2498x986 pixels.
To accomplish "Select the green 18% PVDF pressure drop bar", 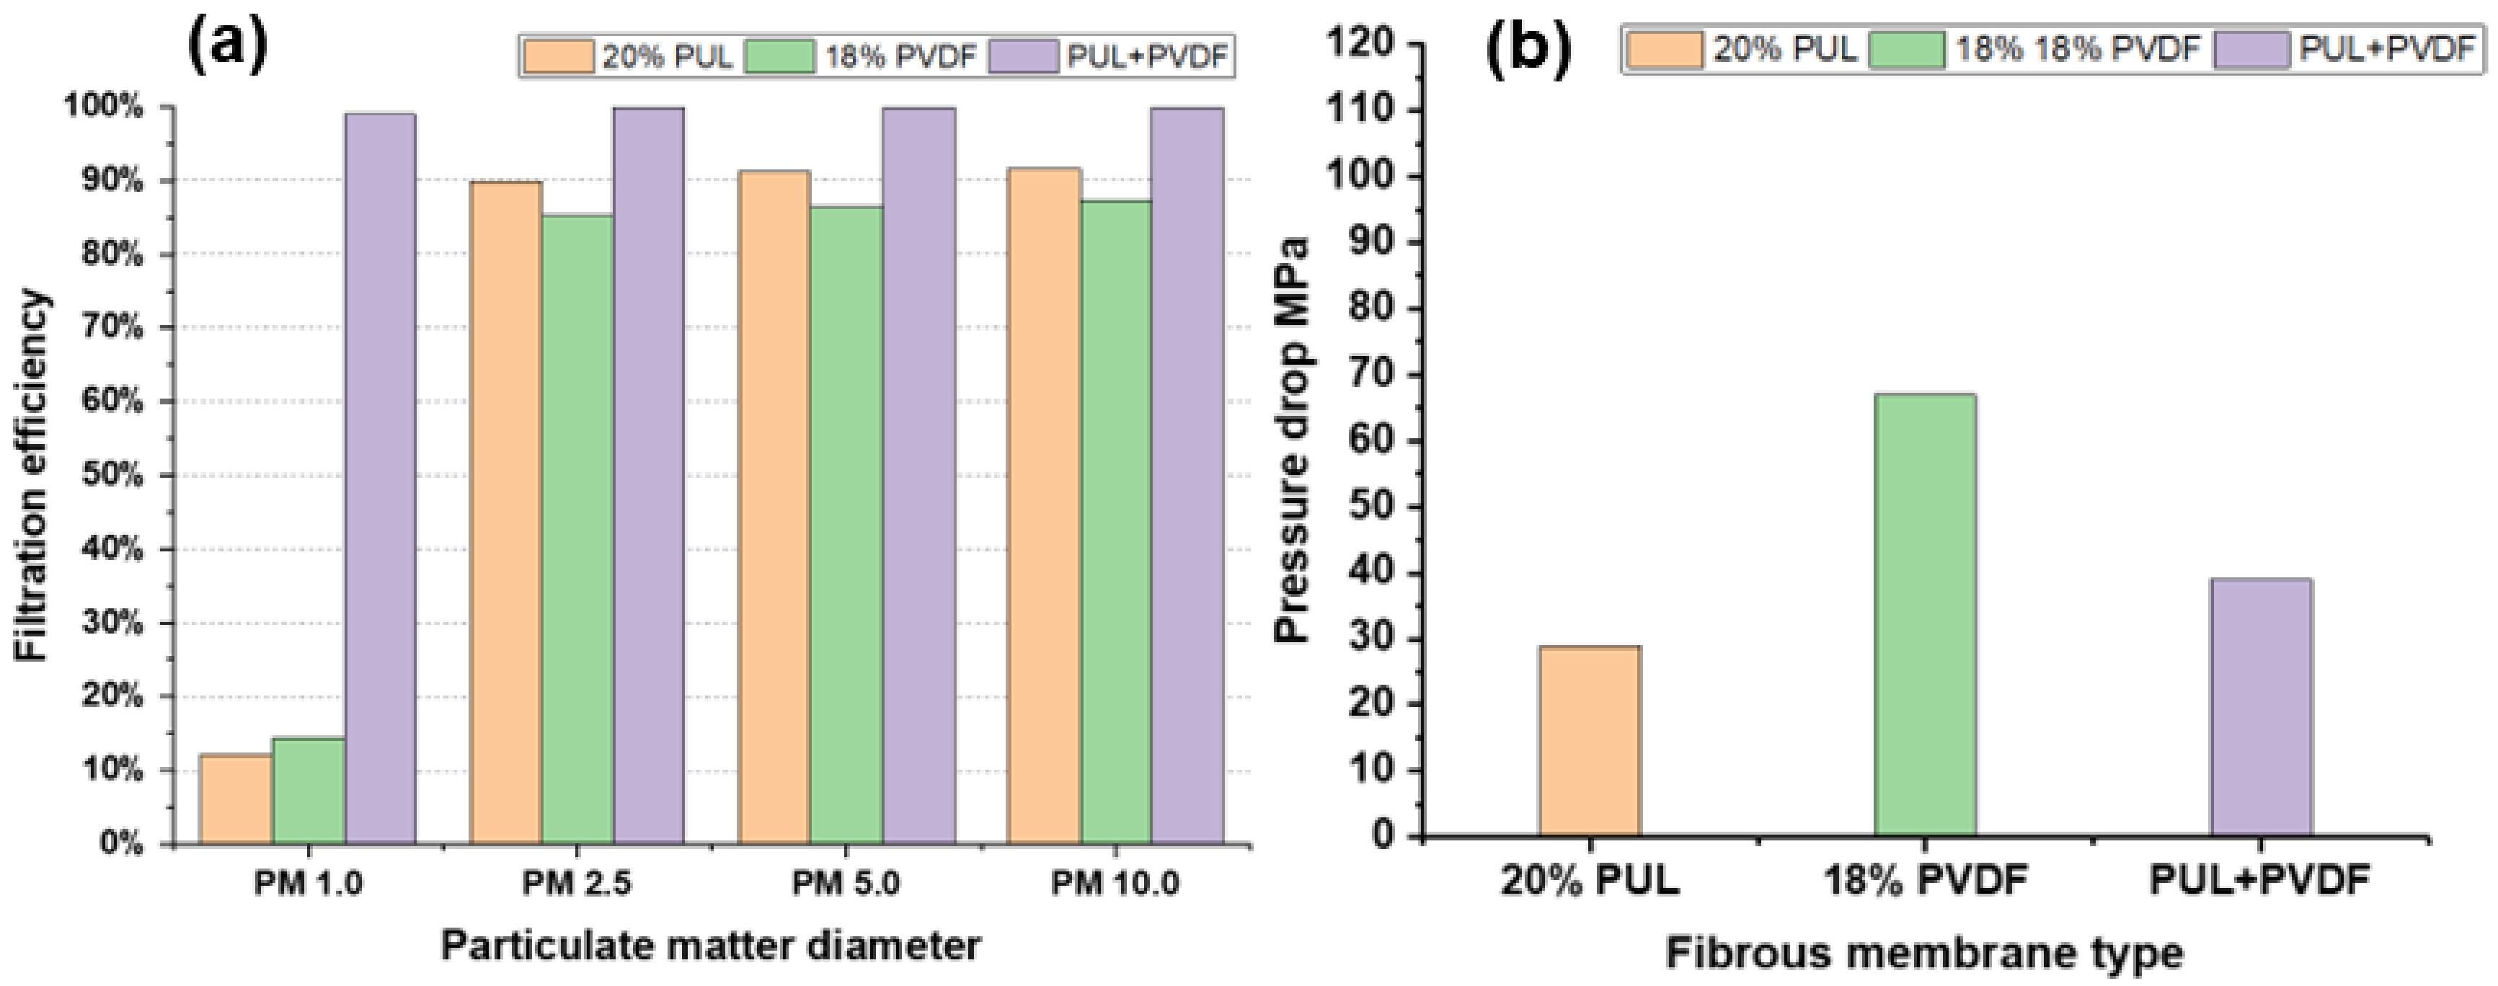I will [x=1924, y=615].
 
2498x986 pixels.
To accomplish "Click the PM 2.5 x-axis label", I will [x=576, y=883].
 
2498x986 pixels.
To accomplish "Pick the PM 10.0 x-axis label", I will [x=1115, y=883].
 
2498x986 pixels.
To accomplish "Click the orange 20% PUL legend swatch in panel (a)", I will [x=559, y=56].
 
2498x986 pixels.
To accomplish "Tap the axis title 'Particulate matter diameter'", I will [x=710, y=946].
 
